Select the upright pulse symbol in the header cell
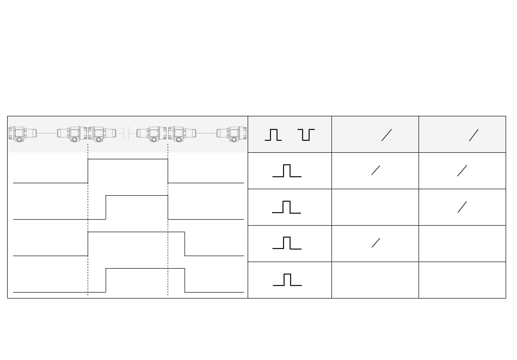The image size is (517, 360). [273, 135]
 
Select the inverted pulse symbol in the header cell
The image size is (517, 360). [306, 135]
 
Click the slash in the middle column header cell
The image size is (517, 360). [386, 135]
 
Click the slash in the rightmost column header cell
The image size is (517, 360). [473, 135]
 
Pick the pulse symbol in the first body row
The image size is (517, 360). [287, 171]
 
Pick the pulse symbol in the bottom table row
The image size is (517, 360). [287, 280]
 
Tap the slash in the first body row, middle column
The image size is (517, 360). [376, 170]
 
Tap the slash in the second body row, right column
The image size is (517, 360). [462, 207]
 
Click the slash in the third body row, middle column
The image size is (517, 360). [376, 243]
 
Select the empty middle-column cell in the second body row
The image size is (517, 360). [375, 207]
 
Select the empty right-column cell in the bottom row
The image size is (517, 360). [462, 280]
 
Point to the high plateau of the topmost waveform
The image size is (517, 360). [128, 159]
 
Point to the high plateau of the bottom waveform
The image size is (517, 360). [145, 268]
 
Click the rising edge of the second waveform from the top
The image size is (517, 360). [106, 207]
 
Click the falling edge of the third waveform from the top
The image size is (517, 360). [184, 244]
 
